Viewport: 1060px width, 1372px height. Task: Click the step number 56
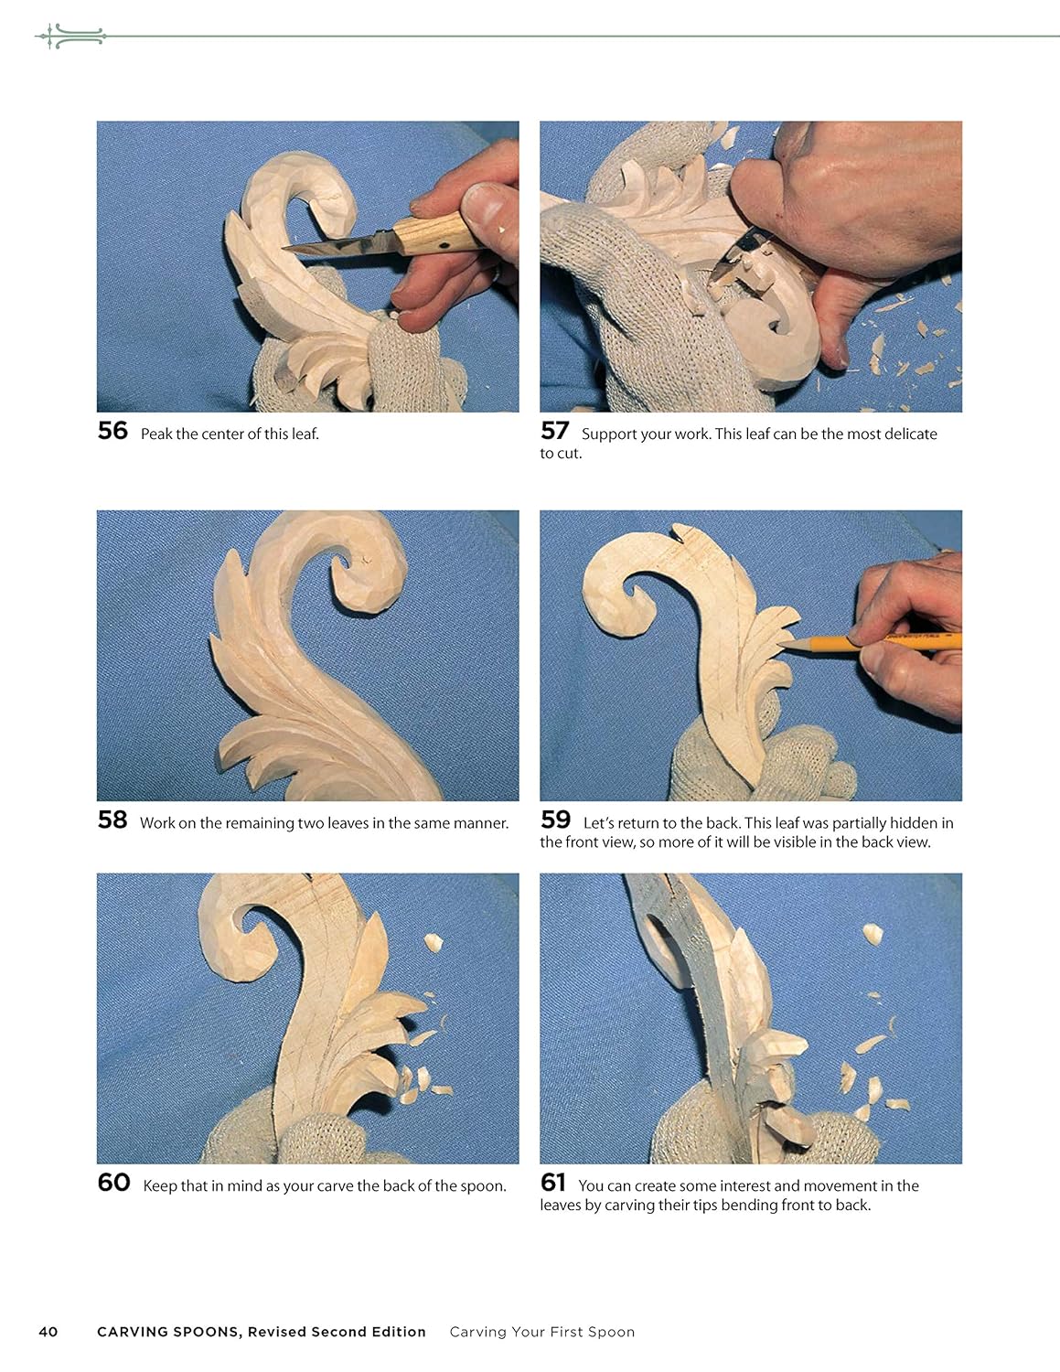tap(112, 431)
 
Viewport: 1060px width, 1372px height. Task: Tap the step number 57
tap(554, 431)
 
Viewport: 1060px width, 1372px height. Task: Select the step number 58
tap(112, 820)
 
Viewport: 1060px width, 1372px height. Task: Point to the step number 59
tap(555, 820)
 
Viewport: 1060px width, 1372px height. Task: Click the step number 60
tap(113, 1183)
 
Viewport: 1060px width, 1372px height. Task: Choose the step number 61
tap(553, 1183)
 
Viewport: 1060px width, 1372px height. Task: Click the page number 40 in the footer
tap(48, 1332)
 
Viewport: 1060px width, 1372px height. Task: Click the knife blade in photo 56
tap(334, 245)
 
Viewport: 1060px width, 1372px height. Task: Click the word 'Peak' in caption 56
tap(156, 434)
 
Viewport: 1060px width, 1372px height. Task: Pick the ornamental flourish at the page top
tap(70, 37)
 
